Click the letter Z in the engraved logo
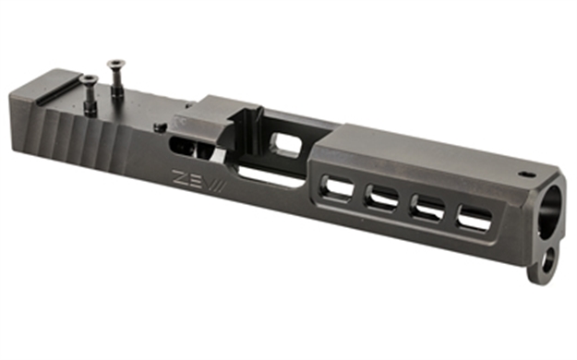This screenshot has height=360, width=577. click(177, 176)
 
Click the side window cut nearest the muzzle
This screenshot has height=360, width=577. click(474, 221)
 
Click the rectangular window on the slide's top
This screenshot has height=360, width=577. click(287, 143)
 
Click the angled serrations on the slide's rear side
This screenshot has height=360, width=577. click(83, 138)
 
